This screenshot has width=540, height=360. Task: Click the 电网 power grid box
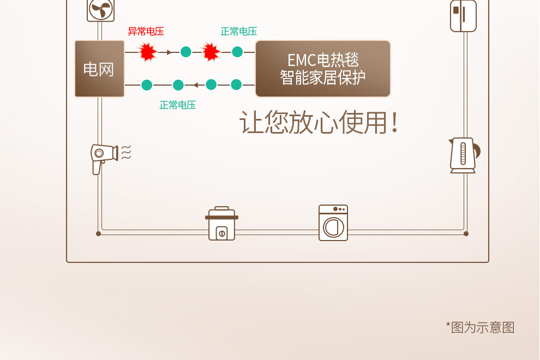[x=99, y=69]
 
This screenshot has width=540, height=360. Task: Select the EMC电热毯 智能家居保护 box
[x=323, y=69]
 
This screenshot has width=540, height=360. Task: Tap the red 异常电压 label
[x=146, y=32]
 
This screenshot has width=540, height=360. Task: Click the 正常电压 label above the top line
[x=238, y=32]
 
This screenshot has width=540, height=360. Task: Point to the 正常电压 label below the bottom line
[x=177, y=105]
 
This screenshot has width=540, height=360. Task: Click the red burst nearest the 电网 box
[x=147, y=52]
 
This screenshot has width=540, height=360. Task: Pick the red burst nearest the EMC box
[x=211, y=52]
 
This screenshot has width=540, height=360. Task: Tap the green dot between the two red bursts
[x=186, y=52]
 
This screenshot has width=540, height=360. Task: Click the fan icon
[x=100, y=10]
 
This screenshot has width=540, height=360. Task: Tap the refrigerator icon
[x=463, y=15]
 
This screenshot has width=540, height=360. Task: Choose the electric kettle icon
[x=463, y=155]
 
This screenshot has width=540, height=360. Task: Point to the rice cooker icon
[x=221, y=224]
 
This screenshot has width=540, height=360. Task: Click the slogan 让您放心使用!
[x=319, y=123]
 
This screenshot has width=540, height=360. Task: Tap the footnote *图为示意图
[x=480, y=327]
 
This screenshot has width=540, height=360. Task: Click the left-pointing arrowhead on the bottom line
[x=195, y=85]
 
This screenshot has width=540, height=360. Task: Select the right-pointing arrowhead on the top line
[x=169, y=52]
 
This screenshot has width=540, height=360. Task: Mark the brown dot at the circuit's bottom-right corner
[x=466, y=233]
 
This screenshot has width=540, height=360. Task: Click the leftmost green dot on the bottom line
[x=146, y=85]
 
